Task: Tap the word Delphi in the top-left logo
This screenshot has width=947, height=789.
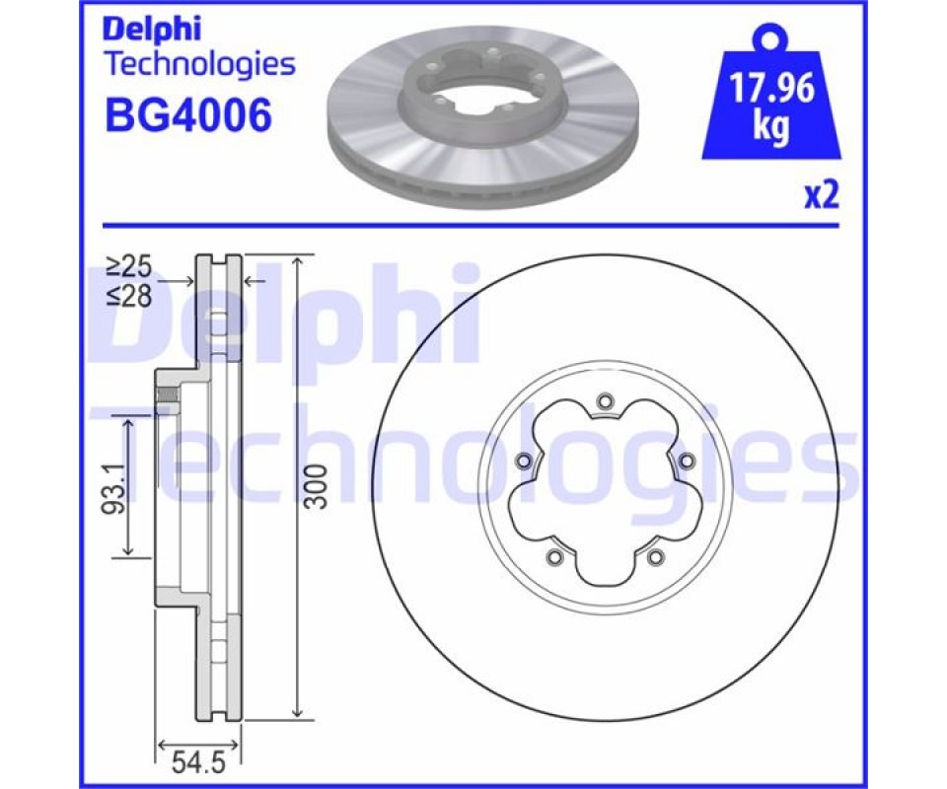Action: coord(153,30)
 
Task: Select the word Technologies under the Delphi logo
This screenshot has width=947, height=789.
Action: coord(200,64)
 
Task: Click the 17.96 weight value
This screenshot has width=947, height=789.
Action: coord(771,89)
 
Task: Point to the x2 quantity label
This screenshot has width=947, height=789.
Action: coord(822,195)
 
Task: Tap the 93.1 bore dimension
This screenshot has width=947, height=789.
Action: coord(112,489)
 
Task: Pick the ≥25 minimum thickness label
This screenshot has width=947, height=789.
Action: coord(129,266)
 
